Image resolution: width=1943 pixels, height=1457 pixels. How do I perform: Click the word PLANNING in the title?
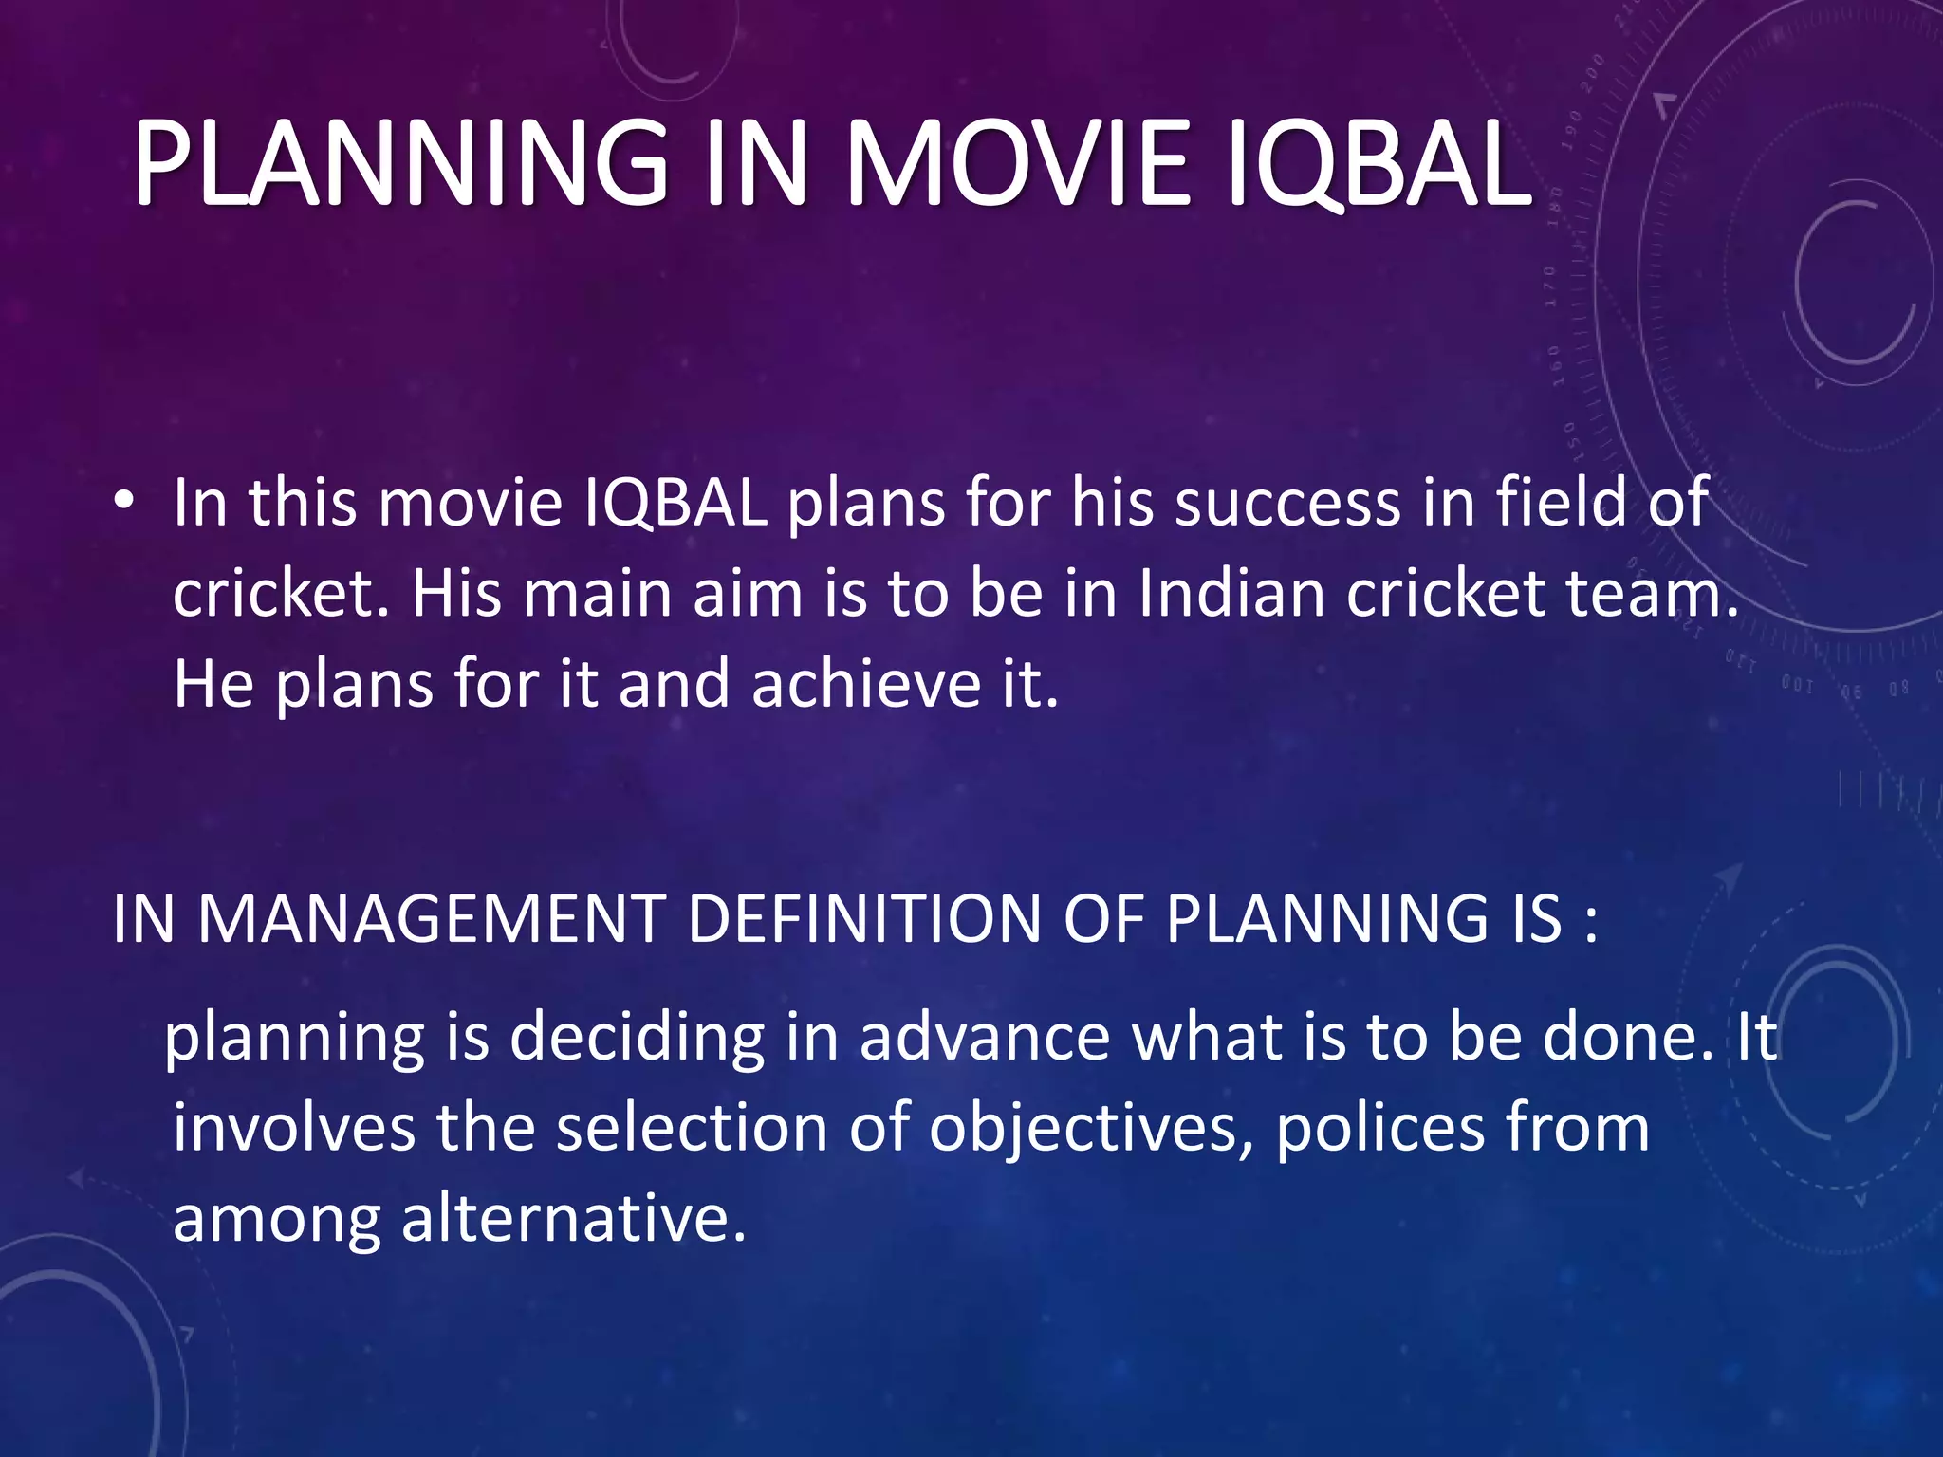[399, 163]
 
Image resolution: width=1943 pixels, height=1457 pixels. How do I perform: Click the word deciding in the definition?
[637, 1037]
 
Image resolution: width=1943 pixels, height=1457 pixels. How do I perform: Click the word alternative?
[573, 1218]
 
